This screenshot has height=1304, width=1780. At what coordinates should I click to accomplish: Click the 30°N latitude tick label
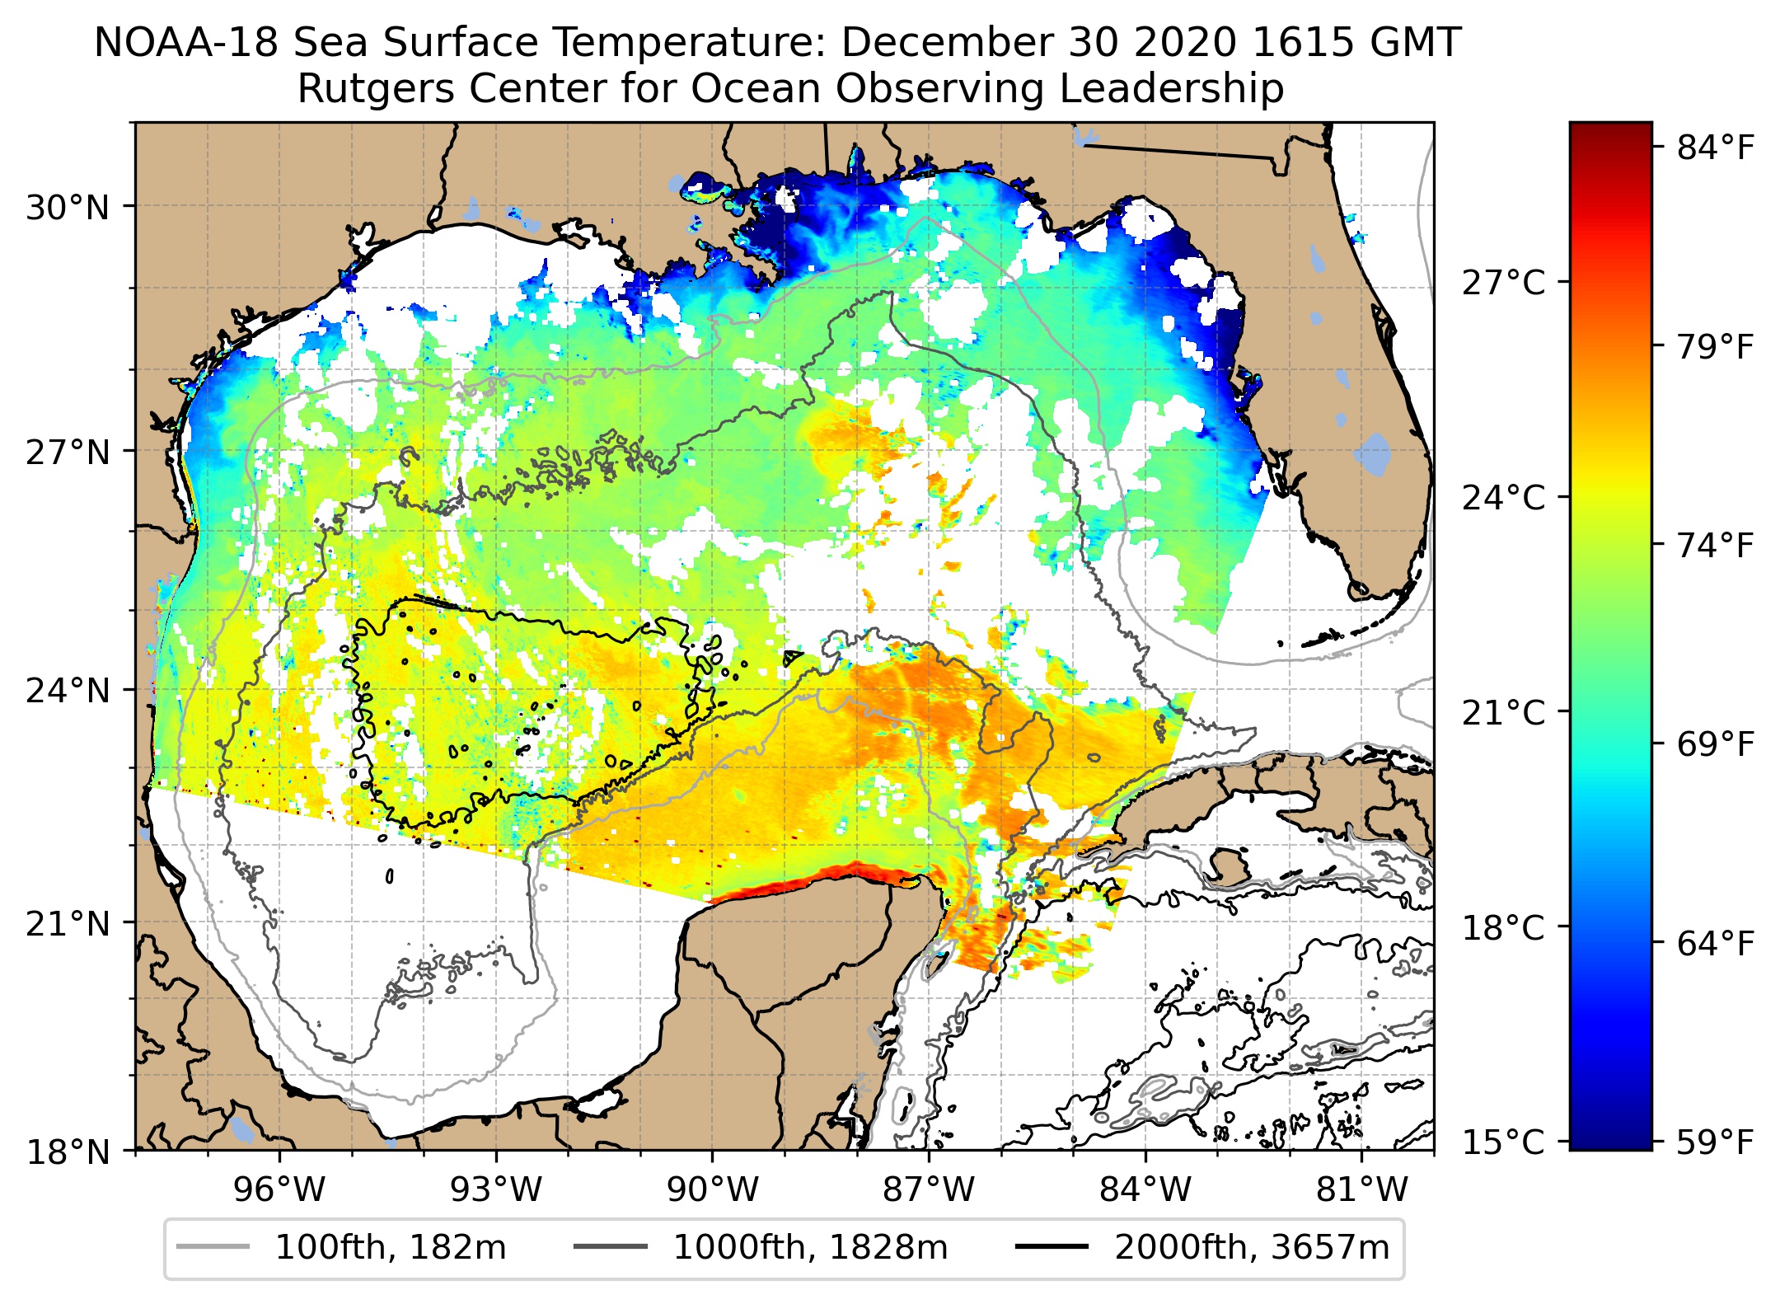coord(67,208)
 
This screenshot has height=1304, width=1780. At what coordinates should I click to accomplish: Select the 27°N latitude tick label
coord(67,453)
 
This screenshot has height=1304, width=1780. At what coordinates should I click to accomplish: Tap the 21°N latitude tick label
coord(67,924)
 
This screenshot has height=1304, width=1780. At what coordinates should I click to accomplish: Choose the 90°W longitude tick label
coord(712,1189)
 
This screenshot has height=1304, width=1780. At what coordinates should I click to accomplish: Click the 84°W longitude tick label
coord(1145,1189)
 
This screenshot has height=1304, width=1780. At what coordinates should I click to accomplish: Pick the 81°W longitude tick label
coord(1361,1189)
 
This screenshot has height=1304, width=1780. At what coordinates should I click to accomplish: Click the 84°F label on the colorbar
coord(1715,148)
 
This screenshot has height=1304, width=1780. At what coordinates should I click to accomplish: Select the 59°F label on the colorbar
coord(1715,1142)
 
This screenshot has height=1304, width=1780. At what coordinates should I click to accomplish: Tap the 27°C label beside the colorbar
coord(1503,283)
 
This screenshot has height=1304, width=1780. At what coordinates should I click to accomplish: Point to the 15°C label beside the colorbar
coord(1503,1142)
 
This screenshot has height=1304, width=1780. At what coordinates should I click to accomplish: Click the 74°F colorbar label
coord(1715,546)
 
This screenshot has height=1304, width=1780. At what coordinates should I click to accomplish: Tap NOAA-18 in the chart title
coord(186,43)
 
